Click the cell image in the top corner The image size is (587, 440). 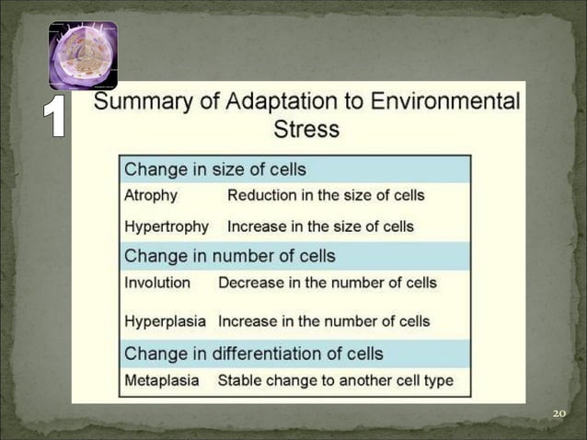coord(83,55)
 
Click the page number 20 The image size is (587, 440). coord(558,413)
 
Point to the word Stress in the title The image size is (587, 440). coord(307,129)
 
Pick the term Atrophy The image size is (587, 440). coord(151,195)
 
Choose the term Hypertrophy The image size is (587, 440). coord(167,226)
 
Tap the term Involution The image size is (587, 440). coord(157,283)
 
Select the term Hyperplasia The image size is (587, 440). coord(167,321)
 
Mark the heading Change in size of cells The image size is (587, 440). coord(215,169)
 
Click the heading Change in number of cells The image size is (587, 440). coord(230,256)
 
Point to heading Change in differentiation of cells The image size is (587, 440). coord(253,353)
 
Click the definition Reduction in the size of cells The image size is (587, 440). coord(326,195)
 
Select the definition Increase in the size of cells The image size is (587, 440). coord(320,226)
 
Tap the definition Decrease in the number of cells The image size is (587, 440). coord(328,283)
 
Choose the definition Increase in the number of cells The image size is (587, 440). coord(324,321)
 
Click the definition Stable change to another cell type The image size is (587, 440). coord(335,380)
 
